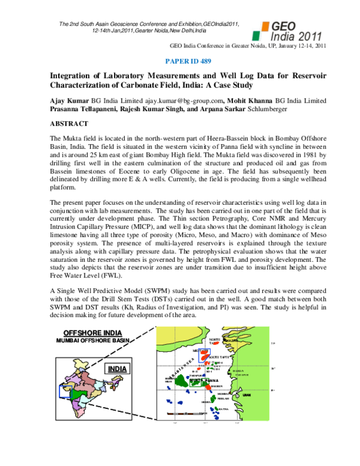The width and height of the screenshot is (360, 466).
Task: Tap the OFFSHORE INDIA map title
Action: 92,333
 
